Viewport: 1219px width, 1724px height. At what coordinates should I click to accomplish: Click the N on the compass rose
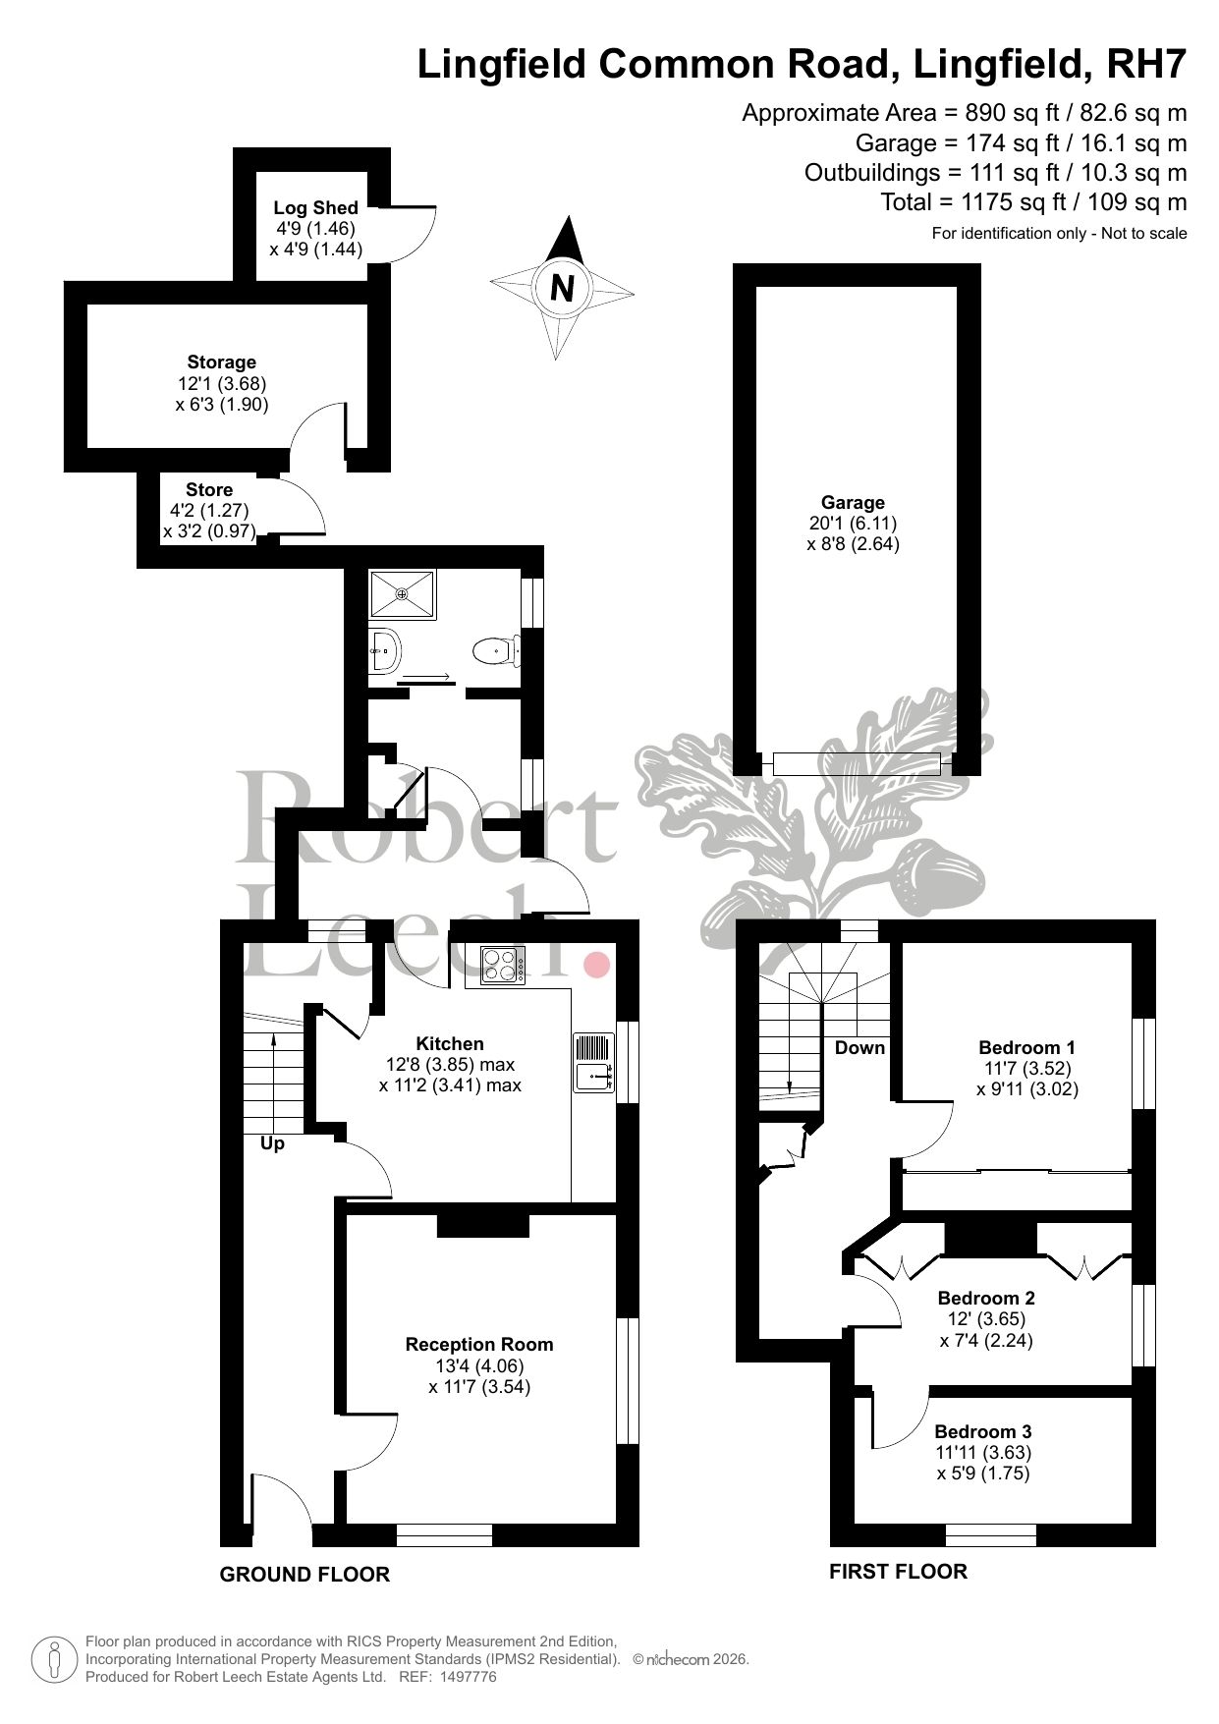pyautogui.click(x=562, y=289)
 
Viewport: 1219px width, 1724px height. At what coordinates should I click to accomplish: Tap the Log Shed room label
pyautogui.click(x=315, y=208)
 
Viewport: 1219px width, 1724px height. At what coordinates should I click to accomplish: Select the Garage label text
pyautogui.click(x=853, y=503)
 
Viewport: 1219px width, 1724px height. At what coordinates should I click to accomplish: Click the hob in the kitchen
pyautogui.click(x=502, y=965)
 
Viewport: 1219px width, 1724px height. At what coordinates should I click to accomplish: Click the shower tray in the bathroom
pyautogui.click(x=403, y=593)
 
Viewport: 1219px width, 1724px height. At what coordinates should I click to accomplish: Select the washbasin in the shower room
pyautogui.click(x=384, y=649)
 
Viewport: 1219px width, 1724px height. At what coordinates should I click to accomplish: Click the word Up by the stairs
pyautogui.click(x=272, y=1143)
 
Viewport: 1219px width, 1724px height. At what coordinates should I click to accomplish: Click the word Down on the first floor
pyautogui.click(x=859, y=1047)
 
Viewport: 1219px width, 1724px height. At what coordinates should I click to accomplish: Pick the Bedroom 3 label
pyautogui.click(x=982, y=1431)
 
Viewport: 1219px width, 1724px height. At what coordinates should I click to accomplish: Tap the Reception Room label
pyautogui.click(x=479, y=1345)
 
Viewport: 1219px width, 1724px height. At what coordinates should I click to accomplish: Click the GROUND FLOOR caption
pyautogui.click(x=305, y=1574)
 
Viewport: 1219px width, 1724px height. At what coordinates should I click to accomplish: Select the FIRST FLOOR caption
pyautogui.click(x=898, y=1571)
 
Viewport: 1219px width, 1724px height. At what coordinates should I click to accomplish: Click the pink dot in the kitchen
pyautogui.click(x=595, y=965)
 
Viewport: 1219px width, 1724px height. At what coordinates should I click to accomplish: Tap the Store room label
pyautogui.click(x=209, y=489)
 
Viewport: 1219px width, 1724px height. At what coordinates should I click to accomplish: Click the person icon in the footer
pyautogui.click(x=56, y=1659)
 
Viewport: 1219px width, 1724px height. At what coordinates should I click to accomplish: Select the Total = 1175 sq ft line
pyautogui.click(x=1033, y=202)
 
